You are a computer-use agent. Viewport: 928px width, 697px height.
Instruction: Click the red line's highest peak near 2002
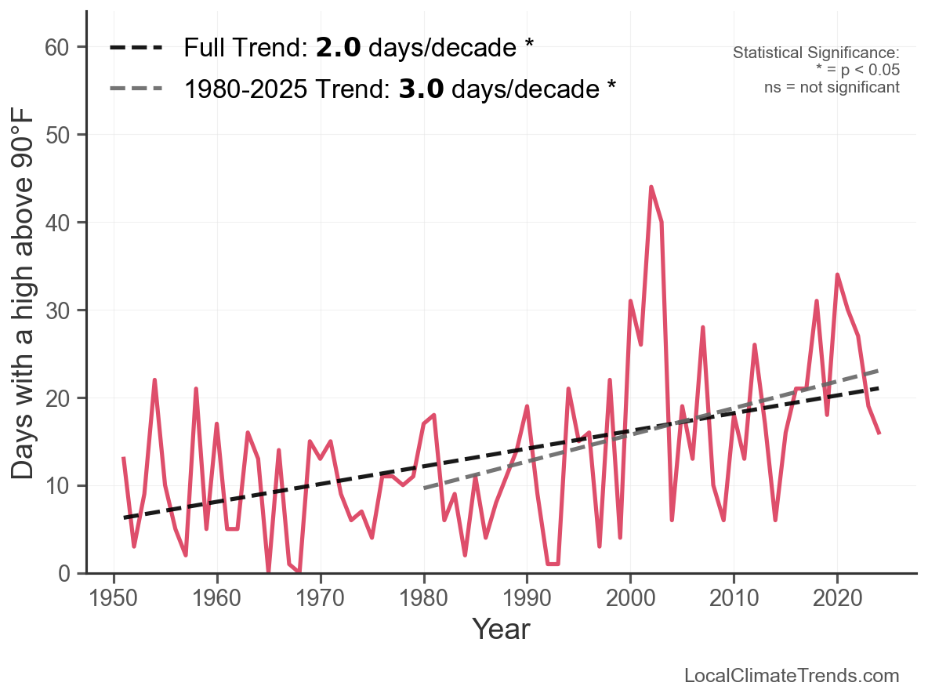(651, 187)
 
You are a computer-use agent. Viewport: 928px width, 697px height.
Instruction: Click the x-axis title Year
(501, 629)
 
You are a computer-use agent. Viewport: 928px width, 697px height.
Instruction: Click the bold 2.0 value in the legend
(338, 48)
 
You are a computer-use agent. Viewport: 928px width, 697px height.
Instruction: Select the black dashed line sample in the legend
(136, 48)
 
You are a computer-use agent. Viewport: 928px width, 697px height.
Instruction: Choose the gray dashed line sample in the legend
(136, 89)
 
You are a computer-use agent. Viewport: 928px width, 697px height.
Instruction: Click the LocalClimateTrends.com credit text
(792, 676)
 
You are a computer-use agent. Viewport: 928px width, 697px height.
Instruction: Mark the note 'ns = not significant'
(832, 87)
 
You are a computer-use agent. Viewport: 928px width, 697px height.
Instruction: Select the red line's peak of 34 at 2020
(837, 275)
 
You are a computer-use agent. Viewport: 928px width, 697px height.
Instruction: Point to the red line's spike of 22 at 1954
(154, 380)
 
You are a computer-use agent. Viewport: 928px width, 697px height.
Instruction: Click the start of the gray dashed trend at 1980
(424, 488)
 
